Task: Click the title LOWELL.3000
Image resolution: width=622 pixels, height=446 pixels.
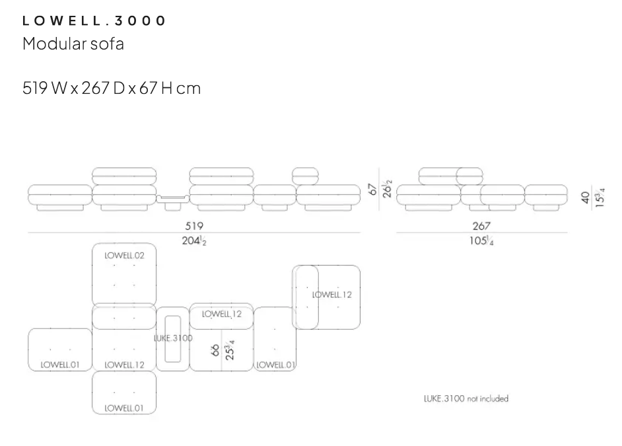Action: pos(94,20)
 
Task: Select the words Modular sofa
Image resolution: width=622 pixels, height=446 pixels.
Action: pos(73,44)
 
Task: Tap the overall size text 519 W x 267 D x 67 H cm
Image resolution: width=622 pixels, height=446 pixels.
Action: pos(112,87)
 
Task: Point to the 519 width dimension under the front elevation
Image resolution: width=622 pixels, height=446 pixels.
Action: pos(193,226)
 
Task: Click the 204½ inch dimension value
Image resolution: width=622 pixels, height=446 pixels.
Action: pos(194,241)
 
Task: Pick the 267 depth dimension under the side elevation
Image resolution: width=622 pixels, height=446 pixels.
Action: pos(481,226)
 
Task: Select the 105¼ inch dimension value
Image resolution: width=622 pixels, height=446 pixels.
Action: pos(481,241)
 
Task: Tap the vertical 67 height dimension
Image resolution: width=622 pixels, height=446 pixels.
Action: pos(372,190)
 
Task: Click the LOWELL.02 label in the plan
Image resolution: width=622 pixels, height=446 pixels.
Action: pos(124,255)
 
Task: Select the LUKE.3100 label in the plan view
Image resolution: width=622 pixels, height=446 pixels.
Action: pos(173,338)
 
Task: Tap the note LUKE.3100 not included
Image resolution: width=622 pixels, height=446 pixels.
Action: pos(466,398)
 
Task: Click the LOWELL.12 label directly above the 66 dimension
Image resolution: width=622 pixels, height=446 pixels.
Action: pos(222,314)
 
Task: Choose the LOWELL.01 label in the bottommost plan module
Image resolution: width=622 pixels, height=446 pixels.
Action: pos(124,408)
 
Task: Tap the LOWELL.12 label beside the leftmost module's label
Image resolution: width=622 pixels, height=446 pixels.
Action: pos(124,364)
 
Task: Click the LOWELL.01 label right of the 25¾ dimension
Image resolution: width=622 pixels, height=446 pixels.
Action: pos(276,364)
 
